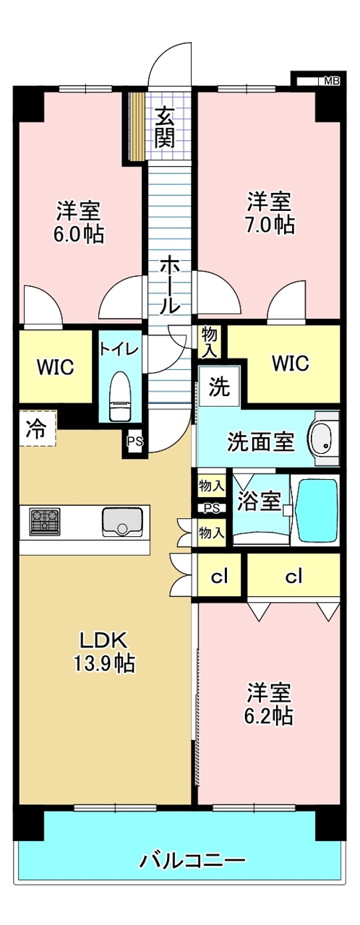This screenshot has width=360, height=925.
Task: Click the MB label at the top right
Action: point(331,82)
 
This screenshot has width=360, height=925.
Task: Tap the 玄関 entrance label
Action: point(166,126)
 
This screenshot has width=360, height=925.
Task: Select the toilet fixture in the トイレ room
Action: point(121,395)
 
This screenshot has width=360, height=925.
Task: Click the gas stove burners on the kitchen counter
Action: point(45,522)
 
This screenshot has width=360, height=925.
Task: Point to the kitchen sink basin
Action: point(122,522)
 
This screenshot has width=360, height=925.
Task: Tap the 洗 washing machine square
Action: point(218,387)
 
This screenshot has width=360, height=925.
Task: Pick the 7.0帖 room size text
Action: point(271,225)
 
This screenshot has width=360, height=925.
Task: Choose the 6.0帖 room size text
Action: point(78,234)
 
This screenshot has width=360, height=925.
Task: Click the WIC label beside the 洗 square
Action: point(291,363)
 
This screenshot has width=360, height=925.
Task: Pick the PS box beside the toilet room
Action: point(134,442)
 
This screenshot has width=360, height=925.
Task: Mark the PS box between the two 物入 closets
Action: point(212,508)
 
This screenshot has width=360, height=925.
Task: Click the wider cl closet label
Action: point(293,576)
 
